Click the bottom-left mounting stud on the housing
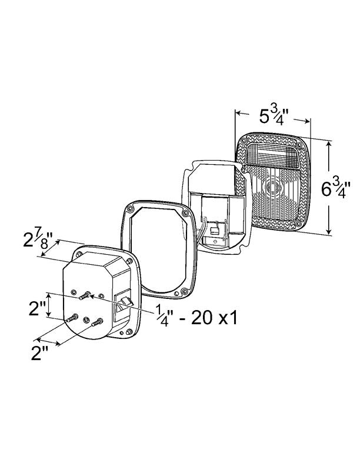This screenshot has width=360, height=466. [x=72, y=318]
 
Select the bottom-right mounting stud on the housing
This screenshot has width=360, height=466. [x=98, y=321]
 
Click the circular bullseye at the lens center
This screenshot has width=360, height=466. [x=273, y=189]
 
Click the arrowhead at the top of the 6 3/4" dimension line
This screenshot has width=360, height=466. [x=328, y=144]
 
